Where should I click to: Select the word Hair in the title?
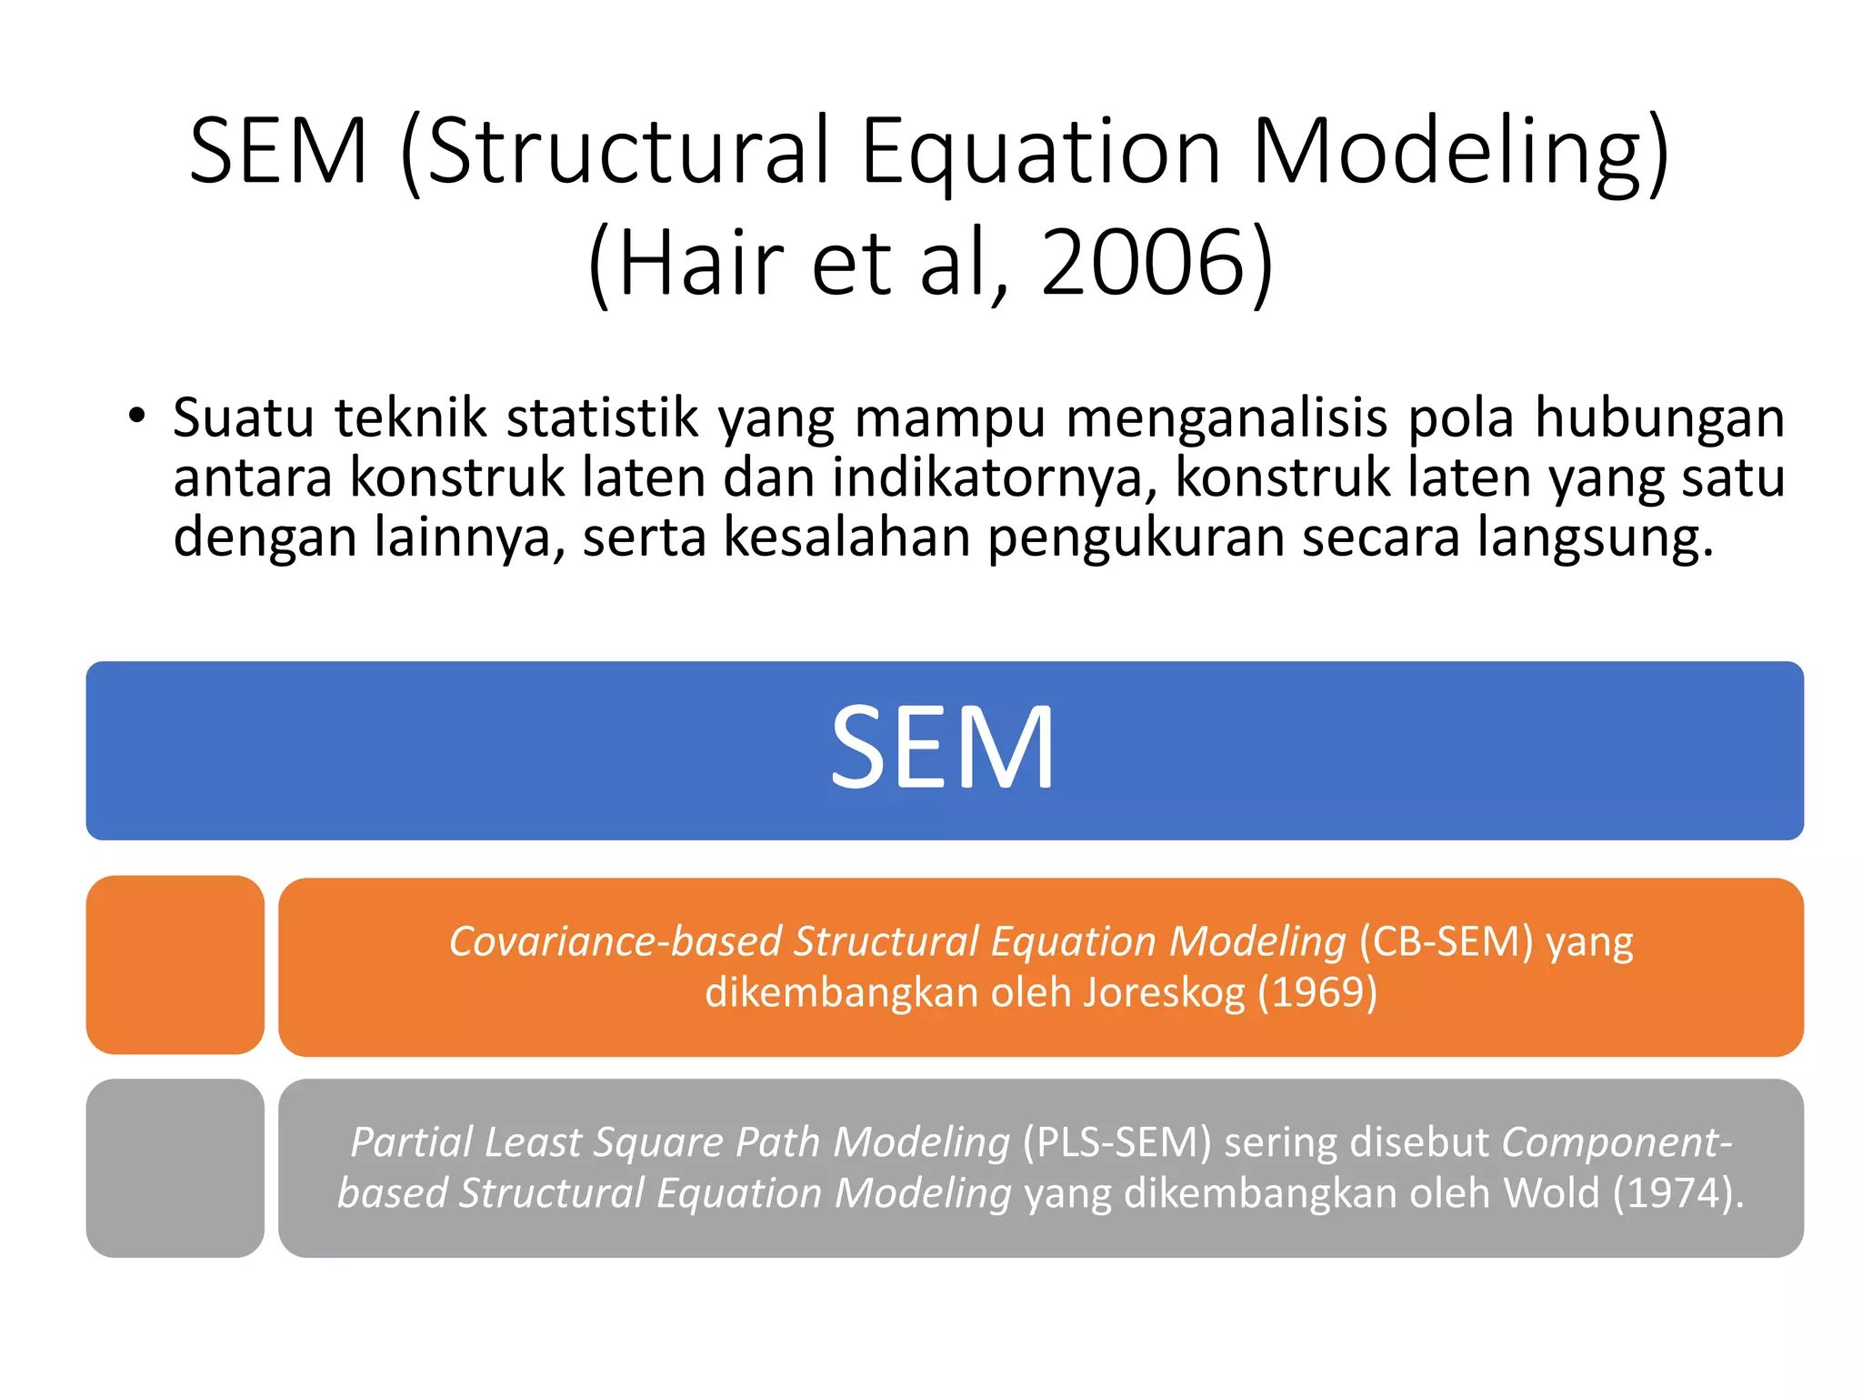701,263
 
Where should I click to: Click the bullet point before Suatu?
136,417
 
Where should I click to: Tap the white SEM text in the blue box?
943,749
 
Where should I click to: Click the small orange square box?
175,965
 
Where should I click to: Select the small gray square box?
175,1168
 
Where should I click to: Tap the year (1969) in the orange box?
1317,992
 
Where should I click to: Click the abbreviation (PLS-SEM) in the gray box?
1116,1142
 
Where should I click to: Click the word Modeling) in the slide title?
1460,151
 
